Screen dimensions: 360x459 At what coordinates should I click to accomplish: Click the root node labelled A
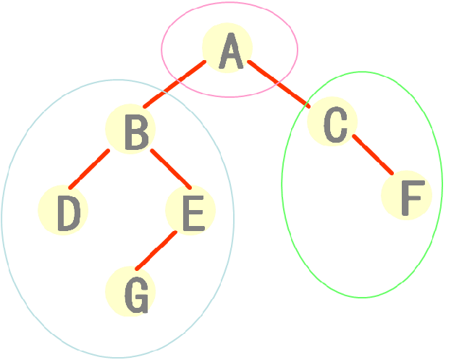(x=228, y=49)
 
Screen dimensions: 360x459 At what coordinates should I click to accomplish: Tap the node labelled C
(x=333, y=122)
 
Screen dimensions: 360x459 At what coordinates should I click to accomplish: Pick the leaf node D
(x=64, y=211)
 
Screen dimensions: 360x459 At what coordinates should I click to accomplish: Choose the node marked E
(x=190, y=211)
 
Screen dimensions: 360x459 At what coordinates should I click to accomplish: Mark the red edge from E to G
(x=156, y=251)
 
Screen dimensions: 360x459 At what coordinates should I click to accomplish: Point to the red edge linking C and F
(x=373, y=154)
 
